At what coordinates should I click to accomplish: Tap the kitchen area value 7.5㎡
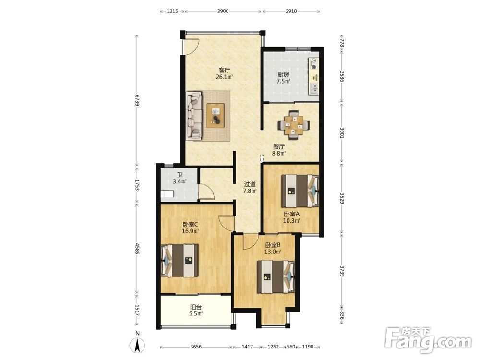[284, 81]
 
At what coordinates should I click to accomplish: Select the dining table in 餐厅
[294, 125]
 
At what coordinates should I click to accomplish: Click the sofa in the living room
[193, 116]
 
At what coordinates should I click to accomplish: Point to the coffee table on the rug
[215, 115]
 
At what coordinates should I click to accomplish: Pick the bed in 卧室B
[276, 277]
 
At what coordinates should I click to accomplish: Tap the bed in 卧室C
[180, 260]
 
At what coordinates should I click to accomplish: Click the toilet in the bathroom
[167, 194]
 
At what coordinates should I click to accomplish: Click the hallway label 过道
[250, 184]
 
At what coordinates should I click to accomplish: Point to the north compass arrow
[138, 346]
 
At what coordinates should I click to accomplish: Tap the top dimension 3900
[223, 12]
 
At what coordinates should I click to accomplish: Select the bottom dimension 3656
[196, 347]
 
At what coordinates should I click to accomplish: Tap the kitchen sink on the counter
[314, 88]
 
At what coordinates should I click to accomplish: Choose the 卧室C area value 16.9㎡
[191, 231]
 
